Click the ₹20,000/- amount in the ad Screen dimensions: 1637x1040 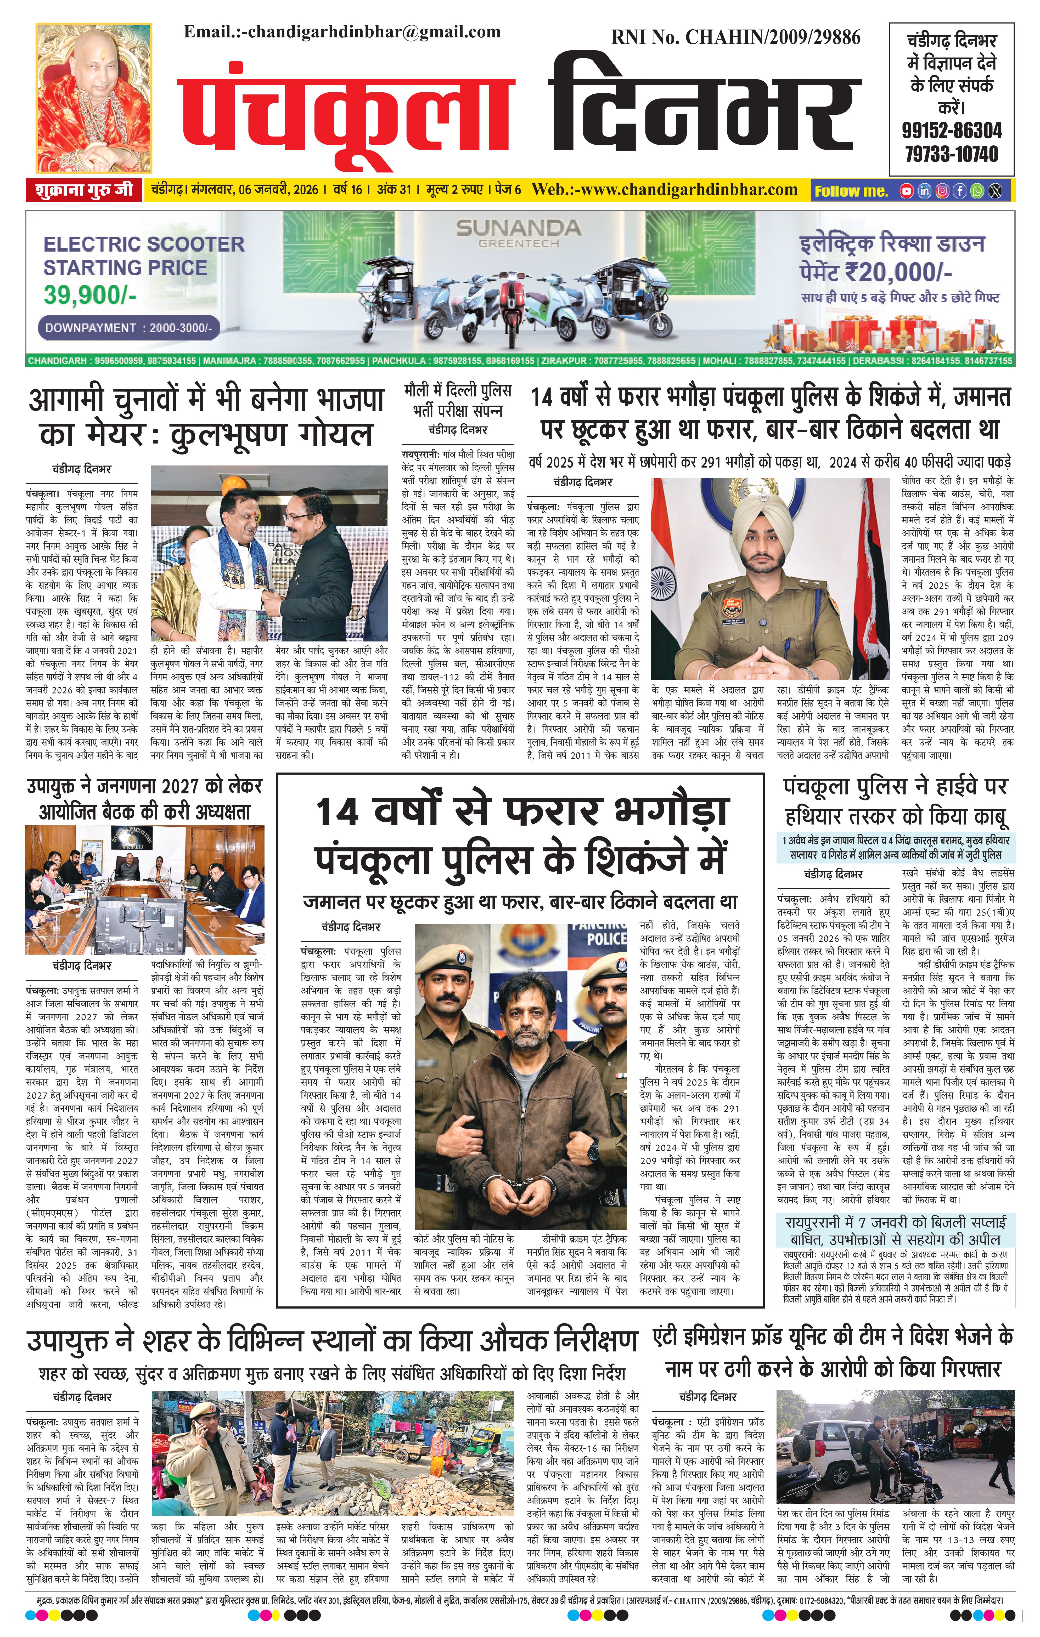(898, 272)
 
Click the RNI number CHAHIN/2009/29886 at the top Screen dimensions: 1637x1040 (736, 37)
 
